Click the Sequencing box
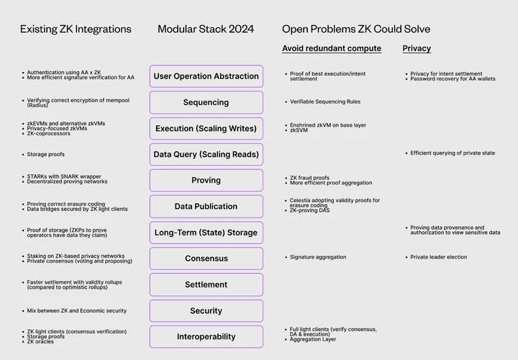[x=206, y=102]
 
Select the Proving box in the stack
[x=206, y=181]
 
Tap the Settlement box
[x=206, y=284]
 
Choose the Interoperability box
[x=206, y=337]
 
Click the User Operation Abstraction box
[x=206, y=76]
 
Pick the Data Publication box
[x=206, y=207]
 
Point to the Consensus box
[x=206, y=258]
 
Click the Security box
[x=206, y=311]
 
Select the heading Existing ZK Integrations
[x=76, y=29]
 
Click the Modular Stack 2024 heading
[x=206, y=29]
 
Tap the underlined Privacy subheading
[x=417, y=48]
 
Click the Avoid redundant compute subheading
[x=332, y=48]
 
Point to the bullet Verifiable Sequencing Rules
[x=325, y=102]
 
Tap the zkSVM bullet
[x=299, y=130]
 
